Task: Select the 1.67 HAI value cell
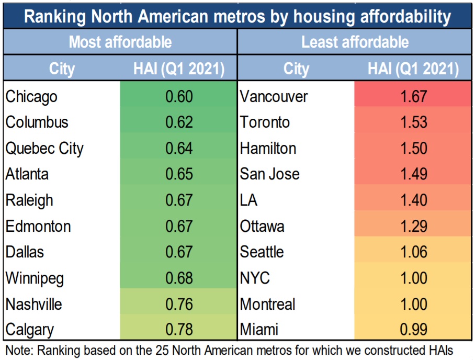tap(413, 96)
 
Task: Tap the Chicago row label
tap(31, 96)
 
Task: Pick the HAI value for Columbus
tap(179, 122)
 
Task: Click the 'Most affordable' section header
tap(120, 42)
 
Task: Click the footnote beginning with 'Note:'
tap(229, 349)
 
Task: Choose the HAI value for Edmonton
tap(179, 226)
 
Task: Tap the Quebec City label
tap(44, 148)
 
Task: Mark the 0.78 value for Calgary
tap(179, 330)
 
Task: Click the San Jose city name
tap(270, 174)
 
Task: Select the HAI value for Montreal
tap(413, 304)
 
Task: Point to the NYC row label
tap(255, 278)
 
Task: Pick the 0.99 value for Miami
tap(413, 330)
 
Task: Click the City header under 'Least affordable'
tap(296, 69)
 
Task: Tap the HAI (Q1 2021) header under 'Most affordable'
tap(179, 69)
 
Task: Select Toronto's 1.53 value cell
tap(413, 122)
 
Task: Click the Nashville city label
tap(33, 304)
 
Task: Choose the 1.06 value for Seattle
tap(413, 252)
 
